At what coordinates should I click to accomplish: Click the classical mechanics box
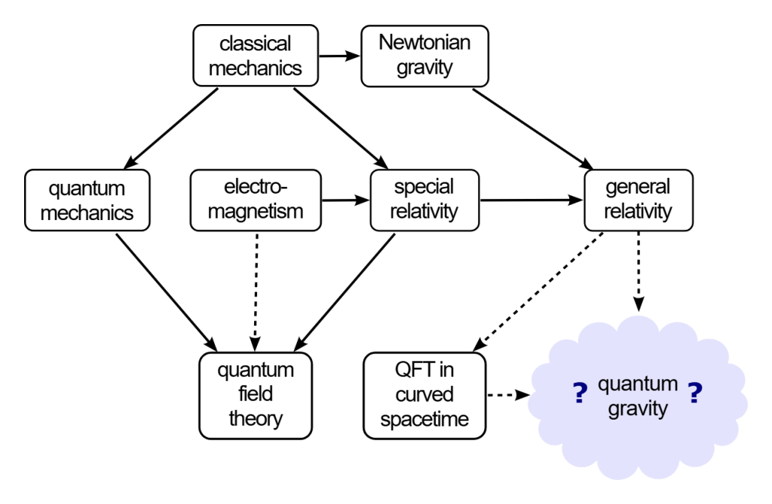point(256,56)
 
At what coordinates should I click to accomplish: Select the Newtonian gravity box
point(424,56)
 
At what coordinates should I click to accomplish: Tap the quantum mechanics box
point(87,200)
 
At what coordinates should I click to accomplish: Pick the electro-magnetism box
point(256,200)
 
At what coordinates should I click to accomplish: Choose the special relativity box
point(424,200)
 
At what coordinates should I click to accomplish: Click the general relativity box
point(639,200)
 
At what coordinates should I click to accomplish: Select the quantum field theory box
point(256,396)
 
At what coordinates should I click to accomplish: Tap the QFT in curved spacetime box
point(424,396)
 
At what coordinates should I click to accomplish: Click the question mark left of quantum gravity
point(581,393)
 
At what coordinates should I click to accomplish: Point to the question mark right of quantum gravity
point(694,393)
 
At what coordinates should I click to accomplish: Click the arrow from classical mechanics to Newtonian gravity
point(340,56)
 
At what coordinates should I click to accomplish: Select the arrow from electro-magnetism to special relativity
point(345,200)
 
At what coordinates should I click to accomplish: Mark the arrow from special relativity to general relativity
point(532,200)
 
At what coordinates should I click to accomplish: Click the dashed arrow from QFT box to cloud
point(508,395)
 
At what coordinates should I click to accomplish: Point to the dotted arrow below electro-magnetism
point(256,292)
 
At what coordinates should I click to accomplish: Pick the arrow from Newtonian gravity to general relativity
point(533,130)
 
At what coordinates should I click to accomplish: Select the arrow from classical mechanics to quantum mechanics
point(171,129)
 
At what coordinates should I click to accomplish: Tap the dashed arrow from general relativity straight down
point(639,272)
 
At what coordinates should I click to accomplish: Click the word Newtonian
point(424,42)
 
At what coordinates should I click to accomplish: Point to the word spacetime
point(424,420)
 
